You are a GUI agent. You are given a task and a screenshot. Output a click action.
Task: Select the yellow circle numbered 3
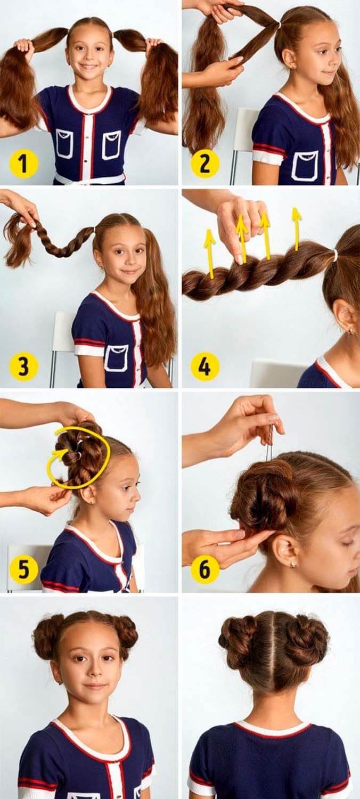click(x=24, y=366)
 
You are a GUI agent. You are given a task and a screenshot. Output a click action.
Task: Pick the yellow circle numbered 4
click(x=205, y=366)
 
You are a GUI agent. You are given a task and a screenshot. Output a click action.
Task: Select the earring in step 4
click(x=351, y=331)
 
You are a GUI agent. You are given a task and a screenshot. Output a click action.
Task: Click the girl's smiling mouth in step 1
click(x=91, y=67)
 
